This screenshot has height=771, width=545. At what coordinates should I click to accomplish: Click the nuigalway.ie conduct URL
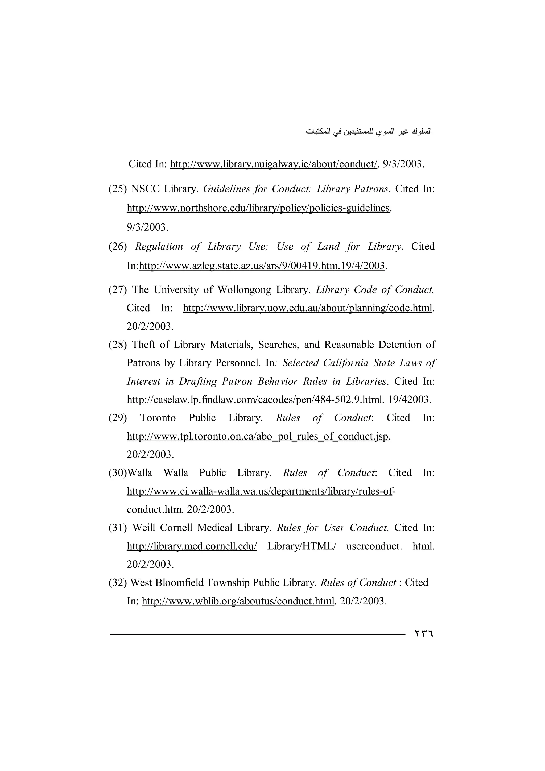pyautogui.click(x=273, y=164)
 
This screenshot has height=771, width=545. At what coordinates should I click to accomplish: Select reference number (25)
pyautogui.click(x=118, y=189)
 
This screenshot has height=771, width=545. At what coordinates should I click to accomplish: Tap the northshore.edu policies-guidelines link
pyautogui.click(x=258, y=208)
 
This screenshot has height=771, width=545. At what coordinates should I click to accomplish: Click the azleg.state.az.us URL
pyautogui.click(x=262, y=266)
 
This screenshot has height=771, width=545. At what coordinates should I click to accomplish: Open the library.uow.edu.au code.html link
pyautogui.click(x=307, y=308)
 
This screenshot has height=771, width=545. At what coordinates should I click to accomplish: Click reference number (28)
pyautogui.click(x=118, y=345)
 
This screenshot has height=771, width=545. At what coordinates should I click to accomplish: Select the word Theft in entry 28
pyautogui.click(x=144, y=345)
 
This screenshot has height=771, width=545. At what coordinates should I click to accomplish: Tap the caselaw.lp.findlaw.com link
pyautogui.click(x=254, y=400)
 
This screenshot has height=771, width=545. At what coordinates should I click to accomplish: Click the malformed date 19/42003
pyautogui.click(x=409, y=400)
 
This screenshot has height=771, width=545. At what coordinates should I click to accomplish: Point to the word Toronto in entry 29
pyautogui.click(x=158, y=418)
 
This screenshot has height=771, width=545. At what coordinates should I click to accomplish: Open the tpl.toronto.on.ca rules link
pyautogui.click(x=257, y=437)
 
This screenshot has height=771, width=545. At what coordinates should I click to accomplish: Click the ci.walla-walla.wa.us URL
pyautogui.click(x=259, y=492)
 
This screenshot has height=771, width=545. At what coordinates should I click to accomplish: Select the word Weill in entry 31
pyautogui.click(x=144, y=528)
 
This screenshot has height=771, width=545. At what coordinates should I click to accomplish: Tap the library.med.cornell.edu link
pyautogui.click(x=192, y=546)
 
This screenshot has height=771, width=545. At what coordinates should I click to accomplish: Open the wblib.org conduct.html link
pyautogui.click(x=238, y=601)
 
